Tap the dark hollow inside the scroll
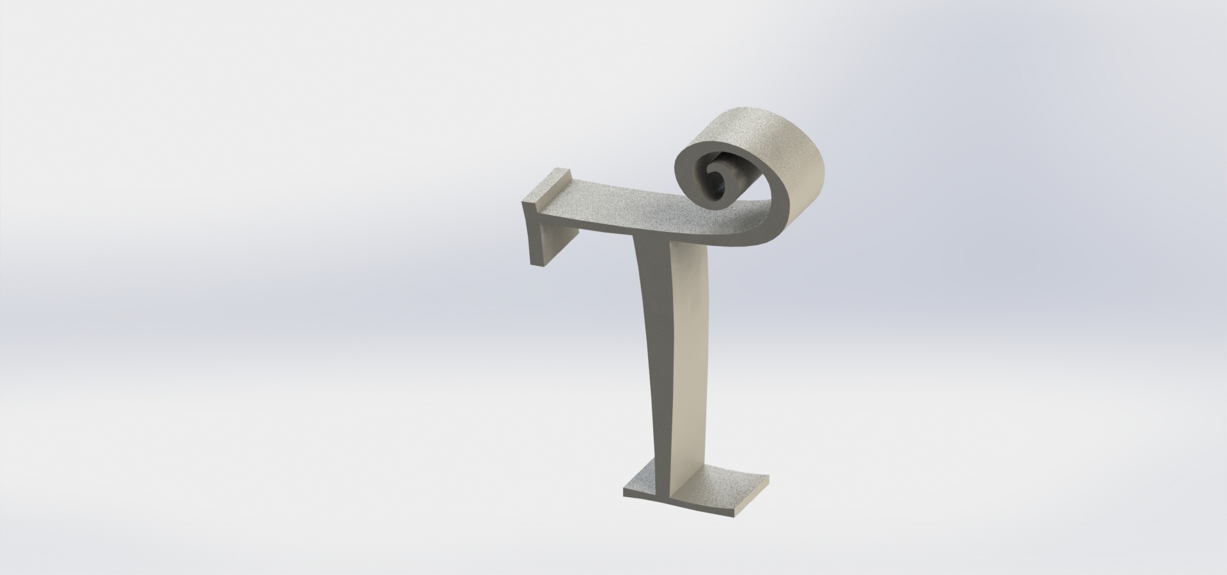click(721, 188)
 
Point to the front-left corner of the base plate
click(624, 493)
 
